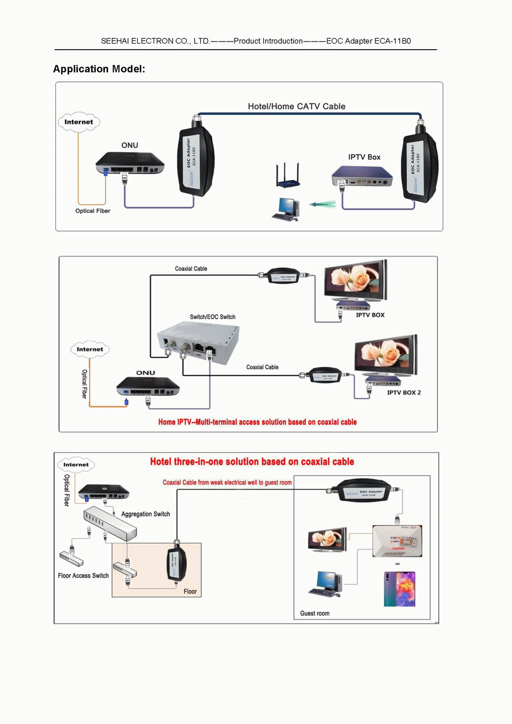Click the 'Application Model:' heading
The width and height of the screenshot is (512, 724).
coord(99,69)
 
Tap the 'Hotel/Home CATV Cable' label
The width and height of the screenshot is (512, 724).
coord(296,107)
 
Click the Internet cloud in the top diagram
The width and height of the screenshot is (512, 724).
coord(79,122)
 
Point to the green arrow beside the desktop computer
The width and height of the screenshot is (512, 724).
coord(323,205)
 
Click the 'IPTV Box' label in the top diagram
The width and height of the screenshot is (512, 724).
coord(364,157)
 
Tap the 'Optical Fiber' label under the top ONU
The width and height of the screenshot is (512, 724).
coord(93,211)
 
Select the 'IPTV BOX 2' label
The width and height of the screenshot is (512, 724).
coord(403,393)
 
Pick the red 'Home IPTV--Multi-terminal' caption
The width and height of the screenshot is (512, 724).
coord(257,422)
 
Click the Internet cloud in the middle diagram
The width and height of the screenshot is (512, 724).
coord(90,350)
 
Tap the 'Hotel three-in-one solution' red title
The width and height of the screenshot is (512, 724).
coord(252,462)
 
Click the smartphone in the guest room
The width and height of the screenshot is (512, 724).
coord(399,589)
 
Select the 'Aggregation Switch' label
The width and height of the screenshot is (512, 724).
coord(145,514)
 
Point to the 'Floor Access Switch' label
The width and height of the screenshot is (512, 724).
coord(83,576)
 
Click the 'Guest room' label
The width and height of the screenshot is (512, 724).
coord(314,613)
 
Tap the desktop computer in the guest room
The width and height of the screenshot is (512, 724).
coord(326,584)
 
